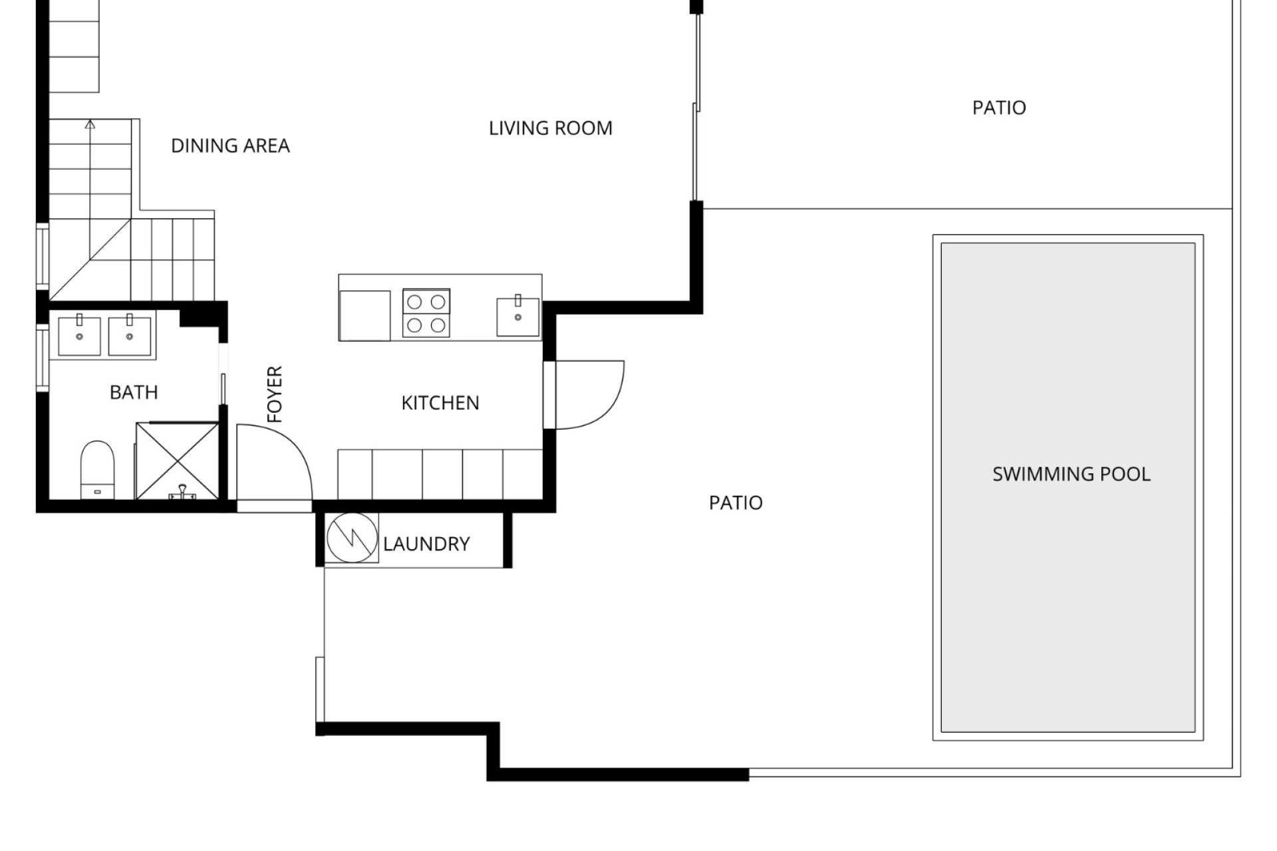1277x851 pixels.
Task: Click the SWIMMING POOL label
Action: click(1071, 474)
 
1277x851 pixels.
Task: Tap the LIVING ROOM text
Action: click(551, 128)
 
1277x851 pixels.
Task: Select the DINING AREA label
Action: click(230, 146)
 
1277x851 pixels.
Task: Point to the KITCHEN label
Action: click(440, 403)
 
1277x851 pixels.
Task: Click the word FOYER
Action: click(275, 394)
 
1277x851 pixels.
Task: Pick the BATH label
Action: click(134, 392)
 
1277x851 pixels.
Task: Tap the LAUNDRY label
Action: click(426, 544)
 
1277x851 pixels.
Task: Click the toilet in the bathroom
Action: click(98, 469)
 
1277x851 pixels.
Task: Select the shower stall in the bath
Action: click(178, 460)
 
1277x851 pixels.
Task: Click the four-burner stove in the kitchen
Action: click(426, 312)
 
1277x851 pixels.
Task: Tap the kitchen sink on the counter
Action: click(518, 316)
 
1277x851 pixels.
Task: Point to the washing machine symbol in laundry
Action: click(352, 537)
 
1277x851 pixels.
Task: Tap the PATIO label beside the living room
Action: click(999, 108)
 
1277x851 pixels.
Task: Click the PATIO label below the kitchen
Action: click(736, 503)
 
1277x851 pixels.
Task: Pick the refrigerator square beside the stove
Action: click(364, 316)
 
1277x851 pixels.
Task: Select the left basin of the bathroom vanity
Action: click(79, 335)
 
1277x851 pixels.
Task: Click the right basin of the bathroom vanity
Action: click(130, 335)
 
